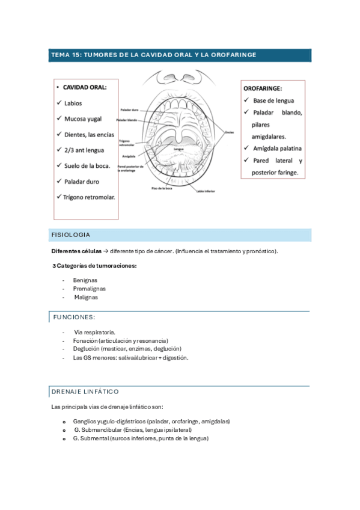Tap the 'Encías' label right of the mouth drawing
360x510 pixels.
coord(229,132)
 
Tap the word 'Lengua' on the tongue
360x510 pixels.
coord(178,149)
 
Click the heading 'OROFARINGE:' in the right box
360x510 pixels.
coord(263,88)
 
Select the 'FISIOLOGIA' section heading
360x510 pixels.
coord(71,235)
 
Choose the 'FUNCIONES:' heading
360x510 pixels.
coord(74,317)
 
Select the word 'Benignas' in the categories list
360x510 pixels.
coord(85,280)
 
